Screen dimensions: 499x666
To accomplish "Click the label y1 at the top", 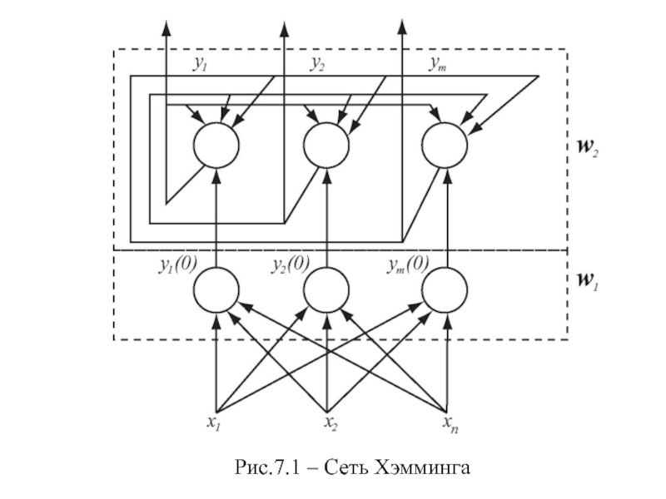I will point(200,64).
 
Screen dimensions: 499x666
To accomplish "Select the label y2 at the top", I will point(318,64).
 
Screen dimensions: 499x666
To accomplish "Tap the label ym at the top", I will point(438,64).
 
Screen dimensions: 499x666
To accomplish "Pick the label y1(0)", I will point(177,265).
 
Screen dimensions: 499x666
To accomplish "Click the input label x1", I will point(214,423).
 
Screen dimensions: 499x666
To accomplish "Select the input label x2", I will point(332,423).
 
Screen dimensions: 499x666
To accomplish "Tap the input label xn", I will point(450,425).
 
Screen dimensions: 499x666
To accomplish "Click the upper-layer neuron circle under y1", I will point(216,145).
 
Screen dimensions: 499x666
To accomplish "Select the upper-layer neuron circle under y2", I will point(326,145).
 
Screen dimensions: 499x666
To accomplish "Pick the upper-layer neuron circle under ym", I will point(445,145).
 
